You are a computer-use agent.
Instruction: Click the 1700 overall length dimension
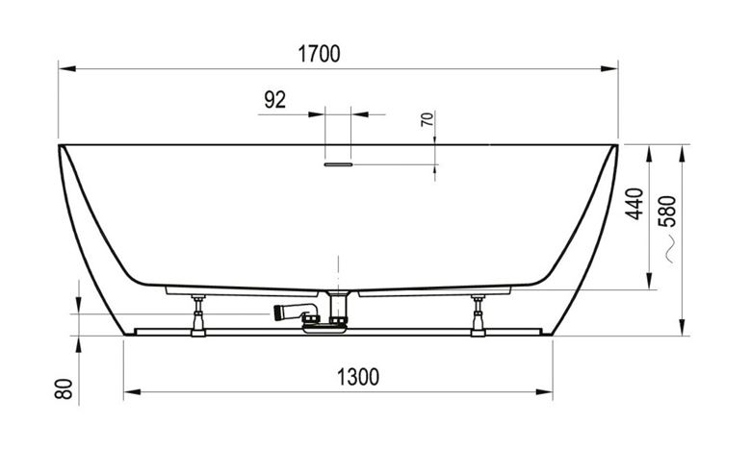pyautogui.click(x=319, y=54)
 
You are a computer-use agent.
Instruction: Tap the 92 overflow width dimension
pyautogui.click(x=275, y=99)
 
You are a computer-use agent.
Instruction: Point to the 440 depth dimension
pyautogui.click(x=635, y=204)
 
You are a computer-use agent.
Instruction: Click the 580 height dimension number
pyautogui.click(x=668, y=211)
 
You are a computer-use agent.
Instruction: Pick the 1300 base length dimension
pyautogui.click(x=358, y=377)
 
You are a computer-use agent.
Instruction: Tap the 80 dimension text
pyautogui.click(x=64, y=388)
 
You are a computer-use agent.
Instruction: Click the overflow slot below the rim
pyautogui.click(x=338, y=164)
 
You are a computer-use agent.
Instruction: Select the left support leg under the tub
pyautogui.click(x=197, y=315)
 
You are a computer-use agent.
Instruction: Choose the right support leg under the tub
pyautogui.click(x=478, y=315)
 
